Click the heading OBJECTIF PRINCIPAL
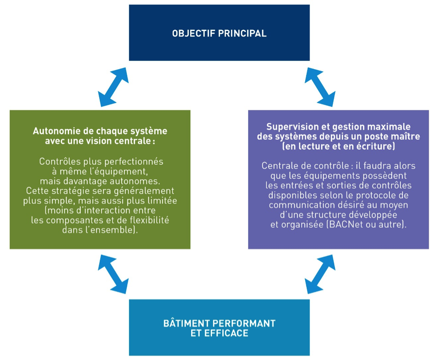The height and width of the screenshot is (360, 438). (219, 34)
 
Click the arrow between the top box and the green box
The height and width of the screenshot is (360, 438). (113, 87)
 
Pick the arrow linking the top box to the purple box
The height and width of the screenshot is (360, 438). (320, 87)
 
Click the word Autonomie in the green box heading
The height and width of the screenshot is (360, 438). (53, 131)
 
